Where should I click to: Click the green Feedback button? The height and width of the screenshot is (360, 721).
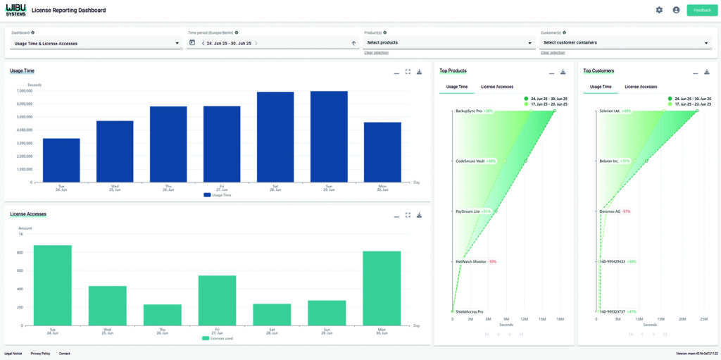701,10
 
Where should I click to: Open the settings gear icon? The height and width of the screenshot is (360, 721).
659,10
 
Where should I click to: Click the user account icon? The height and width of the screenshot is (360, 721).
676,10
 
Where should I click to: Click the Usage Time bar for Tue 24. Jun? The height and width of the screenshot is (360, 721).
61,160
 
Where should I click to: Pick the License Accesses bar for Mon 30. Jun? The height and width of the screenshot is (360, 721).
382,288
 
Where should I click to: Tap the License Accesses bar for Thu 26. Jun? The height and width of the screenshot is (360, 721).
163,315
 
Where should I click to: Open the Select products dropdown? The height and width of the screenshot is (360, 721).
449,43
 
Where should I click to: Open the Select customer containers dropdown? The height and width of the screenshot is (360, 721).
625,43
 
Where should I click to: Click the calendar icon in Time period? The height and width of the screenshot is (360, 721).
192,43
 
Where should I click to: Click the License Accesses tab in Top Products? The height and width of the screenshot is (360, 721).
497,87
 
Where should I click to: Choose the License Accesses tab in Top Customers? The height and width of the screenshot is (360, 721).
641,87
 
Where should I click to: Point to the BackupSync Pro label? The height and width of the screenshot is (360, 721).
468,111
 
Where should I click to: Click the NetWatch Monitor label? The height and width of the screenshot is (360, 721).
471,261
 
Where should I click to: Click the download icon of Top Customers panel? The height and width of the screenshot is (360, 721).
707,72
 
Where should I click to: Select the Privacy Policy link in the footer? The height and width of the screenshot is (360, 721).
40,353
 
